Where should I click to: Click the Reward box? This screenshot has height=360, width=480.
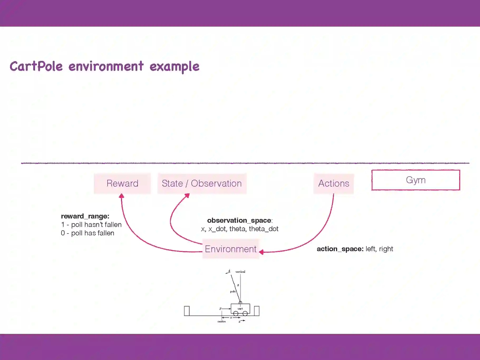point(122,183)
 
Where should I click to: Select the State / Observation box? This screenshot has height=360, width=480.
point(202,183)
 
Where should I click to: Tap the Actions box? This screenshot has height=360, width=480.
point(333,183)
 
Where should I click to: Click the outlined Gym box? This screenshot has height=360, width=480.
point(416,180)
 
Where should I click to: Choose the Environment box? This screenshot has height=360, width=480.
point(231,249)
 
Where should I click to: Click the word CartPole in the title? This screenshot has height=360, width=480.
point(36,66)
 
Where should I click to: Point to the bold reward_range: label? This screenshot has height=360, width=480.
point(85,216)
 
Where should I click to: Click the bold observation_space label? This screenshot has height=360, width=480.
point(239,220)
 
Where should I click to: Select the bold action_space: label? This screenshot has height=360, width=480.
point(340,249)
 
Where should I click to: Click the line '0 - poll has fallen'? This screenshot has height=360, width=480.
point(88,233)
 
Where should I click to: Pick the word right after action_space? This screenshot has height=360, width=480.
point(386,249)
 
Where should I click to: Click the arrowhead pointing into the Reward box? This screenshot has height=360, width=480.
point(122,196)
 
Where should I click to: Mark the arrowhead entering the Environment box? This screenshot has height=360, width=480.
point(261,252)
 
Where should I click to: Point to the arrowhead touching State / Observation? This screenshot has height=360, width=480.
point(187,196)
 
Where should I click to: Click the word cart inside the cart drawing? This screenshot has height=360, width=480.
point(240,308)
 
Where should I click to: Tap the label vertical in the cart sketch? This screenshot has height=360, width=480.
point(240,272)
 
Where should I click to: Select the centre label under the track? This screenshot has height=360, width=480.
point(221,322)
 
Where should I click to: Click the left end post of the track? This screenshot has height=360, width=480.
point(187,311)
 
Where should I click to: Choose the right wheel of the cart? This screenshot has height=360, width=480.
point(245,314)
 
